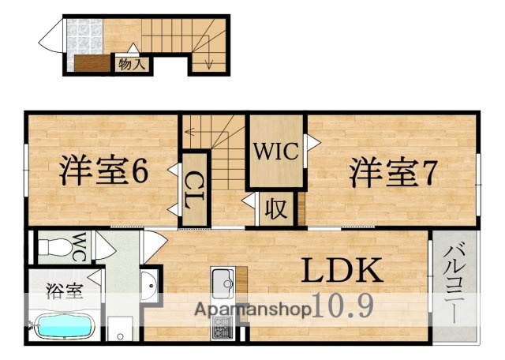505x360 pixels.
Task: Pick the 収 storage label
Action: [275, 209]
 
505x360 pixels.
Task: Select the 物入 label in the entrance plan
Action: [131, 64]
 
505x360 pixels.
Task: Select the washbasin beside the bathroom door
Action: [148, 284]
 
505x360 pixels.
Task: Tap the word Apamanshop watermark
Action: [248, 309]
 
